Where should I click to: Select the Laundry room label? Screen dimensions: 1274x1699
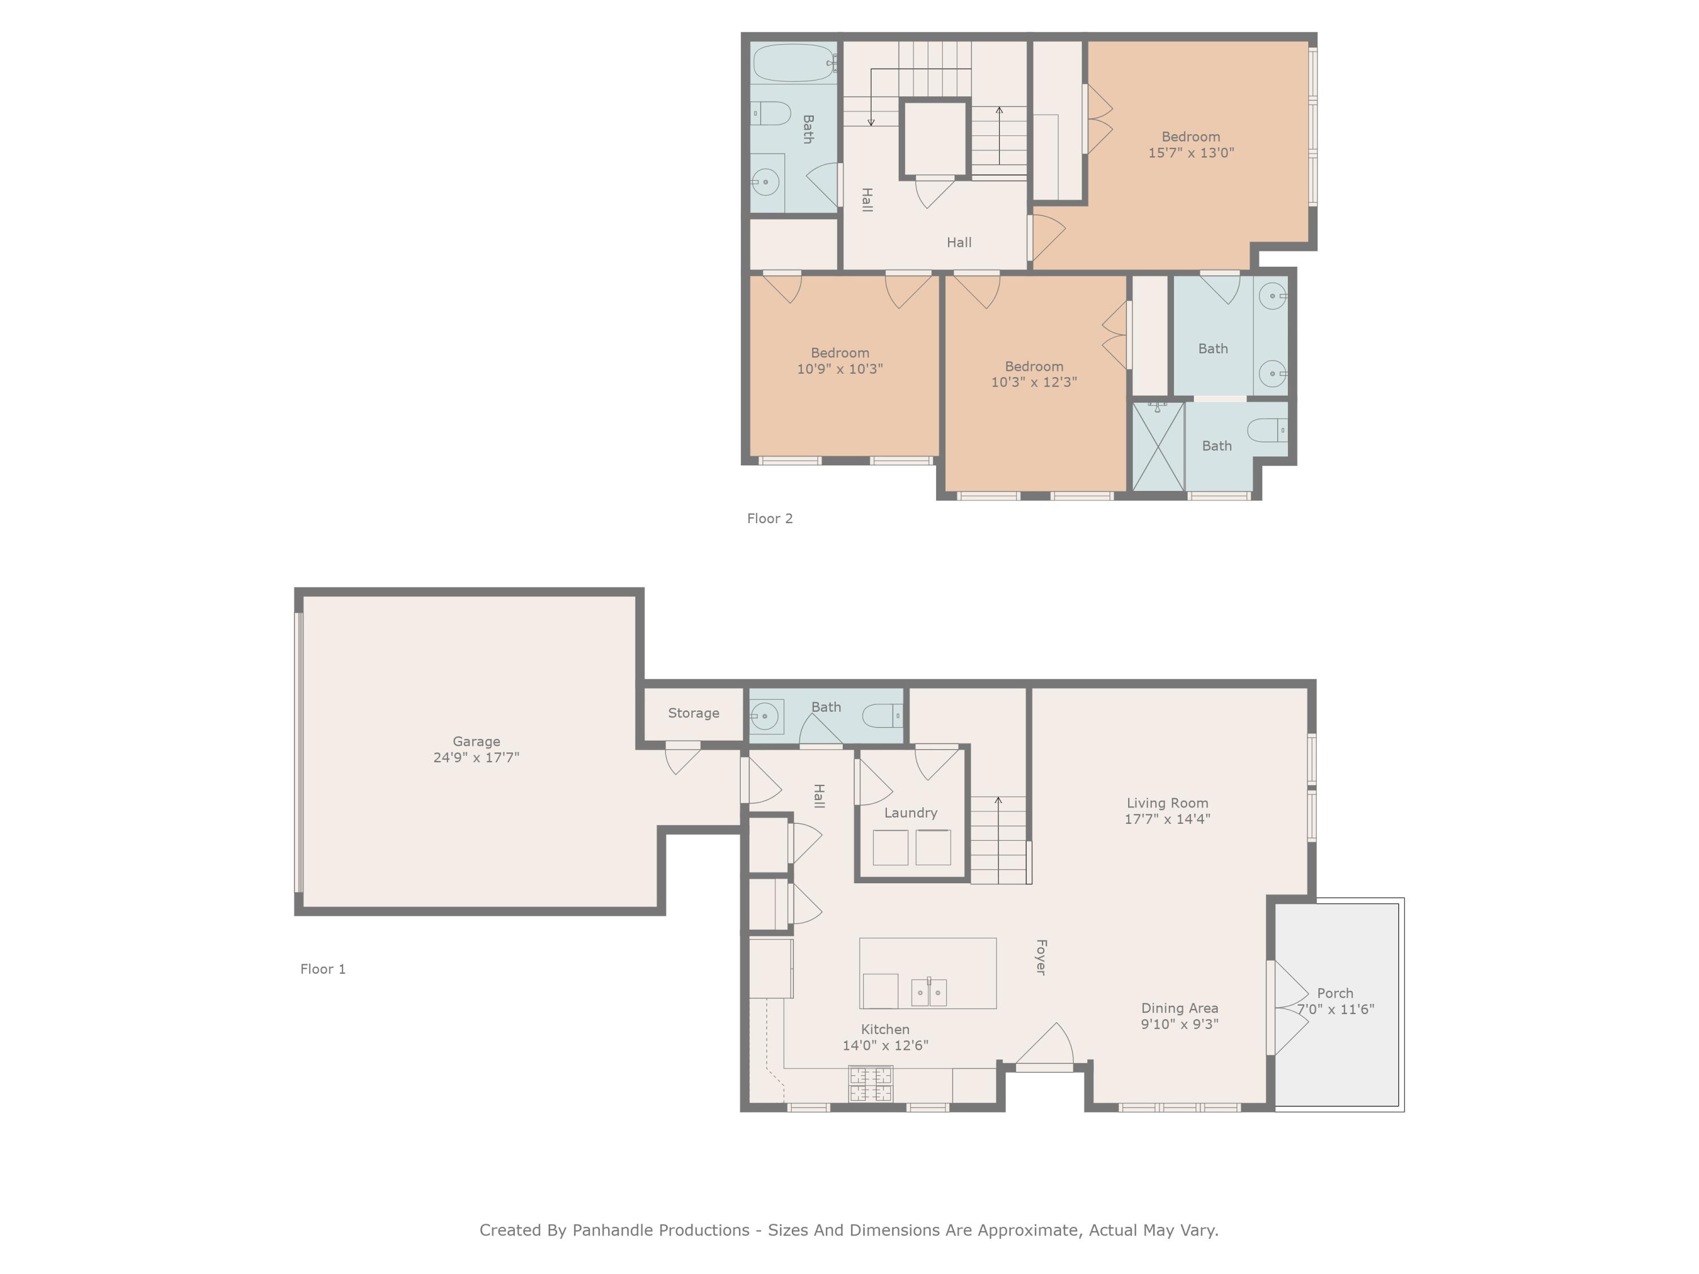coord(910,813)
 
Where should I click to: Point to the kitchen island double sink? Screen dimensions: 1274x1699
coord(929,992)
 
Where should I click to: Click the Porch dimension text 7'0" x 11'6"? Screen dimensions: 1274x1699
coord(1335,1010)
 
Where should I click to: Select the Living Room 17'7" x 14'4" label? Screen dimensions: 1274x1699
coord(1167,811)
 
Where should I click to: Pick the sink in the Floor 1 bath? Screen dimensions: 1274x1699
coord(765,716)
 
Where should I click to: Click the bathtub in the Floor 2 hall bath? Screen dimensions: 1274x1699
coord(793,63)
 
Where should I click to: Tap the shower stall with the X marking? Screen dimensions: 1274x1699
coord(1158,447)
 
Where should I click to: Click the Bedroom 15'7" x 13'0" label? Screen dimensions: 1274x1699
coord(1190,145)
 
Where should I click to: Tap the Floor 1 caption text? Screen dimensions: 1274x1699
coord(323,969)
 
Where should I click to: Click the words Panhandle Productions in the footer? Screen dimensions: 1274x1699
coord(660,1230)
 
